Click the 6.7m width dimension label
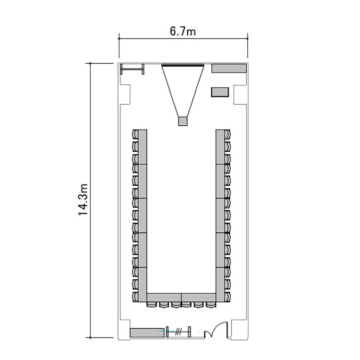pos(183,31)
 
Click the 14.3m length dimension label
pos(83,200)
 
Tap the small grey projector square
pos(183,121)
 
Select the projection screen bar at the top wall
pos(183,65)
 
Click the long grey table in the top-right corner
pos(229,68)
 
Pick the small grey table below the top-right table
pos(220,92)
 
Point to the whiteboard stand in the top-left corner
pos(132,69)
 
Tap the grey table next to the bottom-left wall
pos(147,333)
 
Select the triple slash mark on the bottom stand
pos(178,332)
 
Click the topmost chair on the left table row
pos(135,134)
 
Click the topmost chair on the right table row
pos(228,134)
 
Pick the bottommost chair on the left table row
pos(135,297)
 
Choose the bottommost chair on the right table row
pos(228,297)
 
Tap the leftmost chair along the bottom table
pos(152,304)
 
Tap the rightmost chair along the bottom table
pos(211,304)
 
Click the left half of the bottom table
pos(164,298)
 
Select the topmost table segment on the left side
pos(143,147)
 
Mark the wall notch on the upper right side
pos(240,95)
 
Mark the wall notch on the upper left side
pos(125,95)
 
